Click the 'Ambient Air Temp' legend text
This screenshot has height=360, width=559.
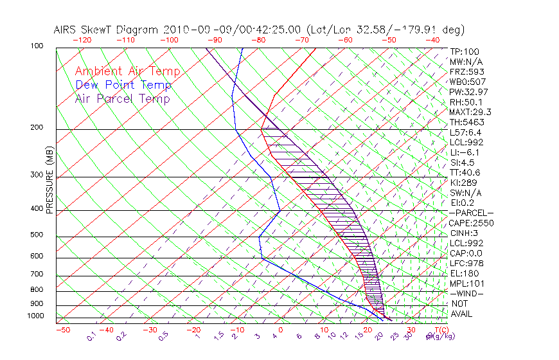pos(127,71)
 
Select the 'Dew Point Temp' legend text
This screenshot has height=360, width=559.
pos(123,85)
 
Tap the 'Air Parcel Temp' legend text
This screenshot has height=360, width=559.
pos(122,98)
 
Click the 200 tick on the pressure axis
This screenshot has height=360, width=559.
pos(36,128)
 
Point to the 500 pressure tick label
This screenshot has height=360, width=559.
pos(36,235)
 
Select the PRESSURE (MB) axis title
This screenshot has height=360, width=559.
pos(49,180)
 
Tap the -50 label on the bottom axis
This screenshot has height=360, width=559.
pos(62,330)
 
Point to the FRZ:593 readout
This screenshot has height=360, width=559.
pos(467,71)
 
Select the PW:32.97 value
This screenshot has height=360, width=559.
pos(469,92)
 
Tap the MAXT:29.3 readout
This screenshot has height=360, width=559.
pos(472,112)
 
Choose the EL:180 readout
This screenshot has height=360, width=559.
pos(465,273)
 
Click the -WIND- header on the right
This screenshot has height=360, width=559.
pos(467,293)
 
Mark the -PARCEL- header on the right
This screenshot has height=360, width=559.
pos(471,213)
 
